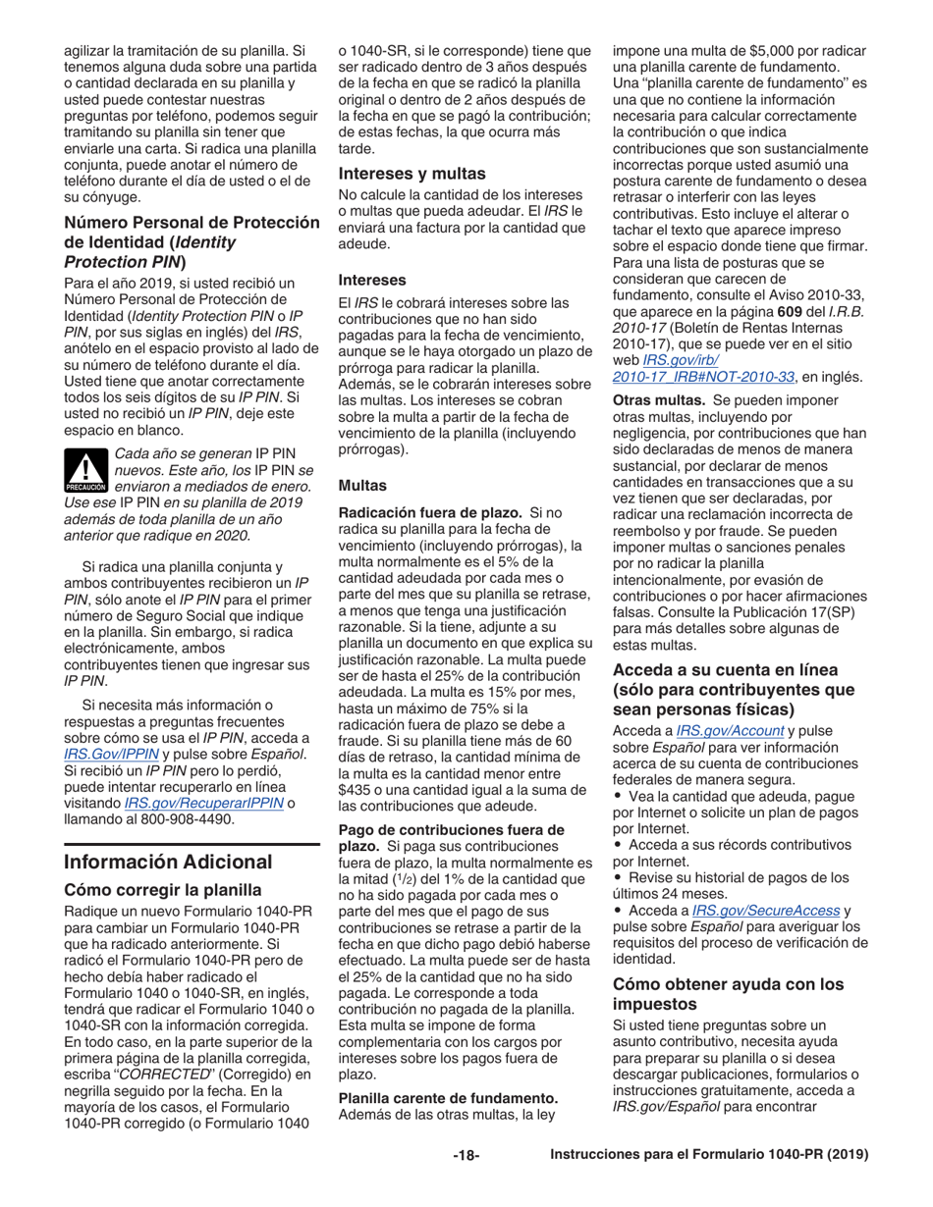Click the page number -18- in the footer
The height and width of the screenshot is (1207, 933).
tap(465, 1182)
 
